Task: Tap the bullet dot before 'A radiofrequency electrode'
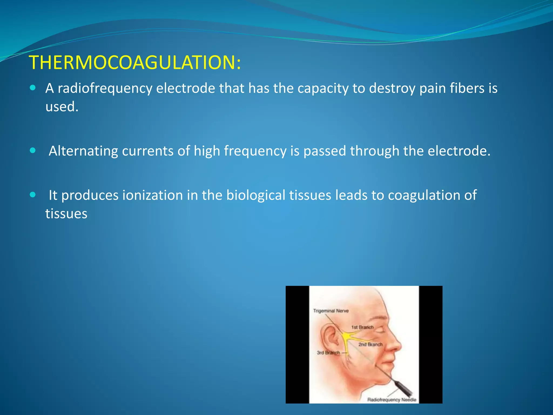[x=33, y=88]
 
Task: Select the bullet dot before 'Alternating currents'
[x=33, y=150]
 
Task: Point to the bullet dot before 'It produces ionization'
[x=33, y=195]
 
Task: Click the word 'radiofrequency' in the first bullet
[x=105, y=88]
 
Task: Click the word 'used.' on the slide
[x=62, y=106]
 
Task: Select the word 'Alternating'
[x=83, y=151]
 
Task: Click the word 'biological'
[x=255, y=195]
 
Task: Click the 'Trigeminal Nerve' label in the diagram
[x=331, y=311]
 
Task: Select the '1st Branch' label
[x=362, y=327]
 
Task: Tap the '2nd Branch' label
[x=370, y=344]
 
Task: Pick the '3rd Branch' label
[x=328, y=353]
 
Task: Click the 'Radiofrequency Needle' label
[x=392, y=400]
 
